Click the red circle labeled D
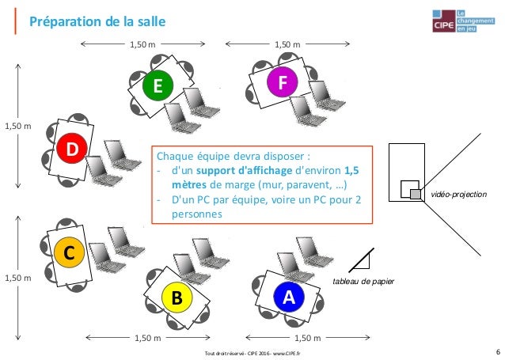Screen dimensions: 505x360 pyautogui.click(x=72, y=149)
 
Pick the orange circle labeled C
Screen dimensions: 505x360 pyautogui.click(x=68, y=255)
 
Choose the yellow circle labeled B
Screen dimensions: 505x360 pyautogui.click(x=177, y=298)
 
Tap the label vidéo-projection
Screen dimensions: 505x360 pyautogui.click(x=458, y=194)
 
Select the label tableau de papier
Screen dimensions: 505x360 pyautogui.click(x=363, y=281)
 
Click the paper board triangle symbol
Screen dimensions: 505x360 pyautogui.click(x=363, y=259)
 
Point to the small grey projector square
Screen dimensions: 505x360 pyautogui.click(x=415, y=194)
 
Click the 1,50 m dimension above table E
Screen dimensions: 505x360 pyautogui.click(x=143, y=45)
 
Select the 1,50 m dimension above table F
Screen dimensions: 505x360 pyautogui.click(x=287, y=45)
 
